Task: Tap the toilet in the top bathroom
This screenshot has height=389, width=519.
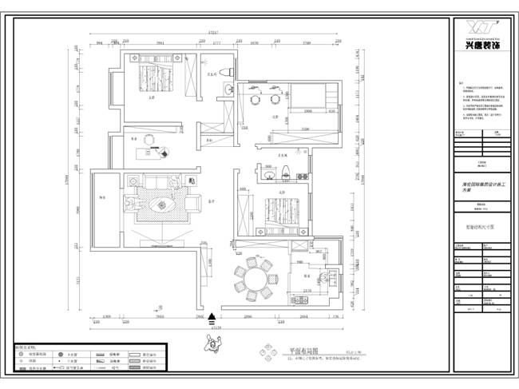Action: [228, 73]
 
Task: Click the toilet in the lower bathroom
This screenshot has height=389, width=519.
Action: [285, 169]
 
